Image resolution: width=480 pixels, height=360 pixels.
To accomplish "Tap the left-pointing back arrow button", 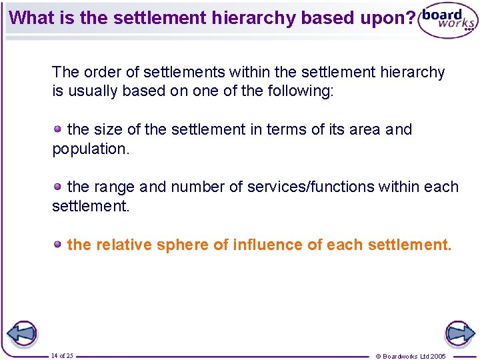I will [x=21, y=333].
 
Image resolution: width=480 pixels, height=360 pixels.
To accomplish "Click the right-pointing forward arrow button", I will [x=459, y=333].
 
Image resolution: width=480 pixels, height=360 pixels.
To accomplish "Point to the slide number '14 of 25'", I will [x=62, y=356].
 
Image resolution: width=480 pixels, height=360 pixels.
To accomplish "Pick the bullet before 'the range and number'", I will [x=59, y=186].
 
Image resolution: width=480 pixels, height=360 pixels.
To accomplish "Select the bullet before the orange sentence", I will [x=59, y=244].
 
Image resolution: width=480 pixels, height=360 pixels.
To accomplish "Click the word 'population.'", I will [x=91, y=149].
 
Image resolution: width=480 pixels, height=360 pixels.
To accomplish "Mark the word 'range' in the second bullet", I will [x=114, y=187].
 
